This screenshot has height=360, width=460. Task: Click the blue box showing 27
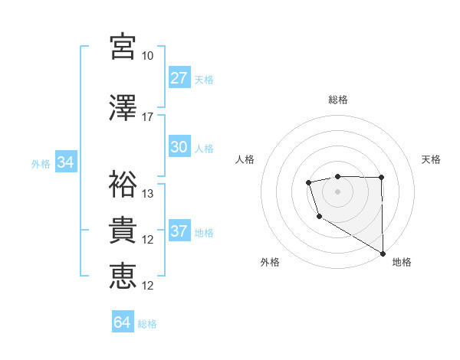pos(179,78)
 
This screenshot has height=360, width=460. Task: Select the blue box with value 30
pos(179,147)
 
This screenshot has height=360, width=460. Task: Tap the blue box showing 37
pos(179,231)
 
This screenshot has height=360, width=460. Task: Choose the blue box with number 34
pos(65,162)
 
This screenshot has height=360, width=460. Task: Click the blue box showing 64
pos(123,322)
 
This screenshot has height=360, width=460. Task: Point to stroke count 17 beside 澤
pos(148,117)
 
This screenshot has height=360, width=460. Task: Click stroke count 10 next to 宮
pos(148,56)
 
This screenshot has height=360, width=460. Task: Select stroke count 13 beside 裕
pos(148,193)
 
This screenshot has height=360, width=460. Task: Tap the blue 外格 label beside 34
pos(41,163)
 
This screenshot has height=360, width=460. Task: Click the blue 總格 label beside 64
pos(147,323)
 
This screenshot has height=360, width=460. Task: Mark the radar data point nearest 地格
pos(383,253)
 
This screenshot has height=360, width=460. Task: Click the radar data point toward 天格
pos(382,178)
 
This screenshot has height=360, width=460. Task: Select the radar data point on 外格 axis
pos(318,218)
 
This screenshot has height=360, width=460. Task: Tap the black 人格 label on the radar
pos(245,159)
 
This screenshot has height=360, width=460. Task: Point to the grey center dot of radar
pos(337,191)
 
